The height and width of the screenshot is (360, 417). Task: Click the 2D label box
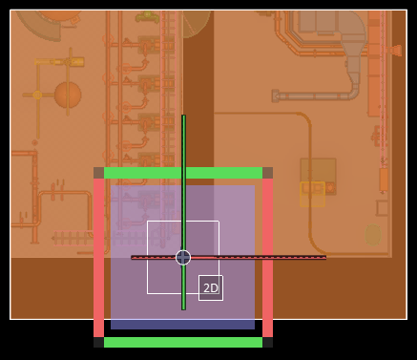(x=211, y=287)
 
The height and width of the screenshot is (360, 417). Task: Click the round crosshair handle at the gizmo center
(x=183, y=258)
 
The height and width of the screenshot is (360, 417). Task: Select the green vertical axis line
(x=183, y=212)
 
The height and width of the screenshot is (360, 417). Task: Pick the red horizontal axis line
(x=229, y=258)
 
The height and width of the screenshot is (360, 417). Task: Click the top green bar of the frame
(x=183, y=173)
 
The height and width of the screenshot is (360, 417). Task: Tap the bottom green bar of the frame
(x=183, y=342)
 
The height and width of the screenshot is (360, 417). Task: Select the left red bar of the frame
(x=98, y=258)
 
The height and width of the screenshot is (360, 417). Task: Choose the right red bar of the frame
(x=267, y=258)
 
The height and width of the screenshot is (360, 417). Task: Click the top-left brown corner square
(x=98, y=173)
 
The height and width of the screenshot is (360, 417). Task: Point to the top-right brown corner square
(x=267, y=173)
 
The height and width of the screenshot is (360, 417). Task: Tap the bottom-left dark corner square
(x=98, y=342)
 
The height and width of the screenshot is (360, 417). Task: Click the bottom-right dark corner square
(x=267, y=342)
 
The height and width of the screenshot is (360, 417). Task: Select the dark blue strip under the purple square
(x=182, y=325)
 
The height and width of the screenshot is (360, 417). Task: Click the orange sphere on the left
(x=68, y=95)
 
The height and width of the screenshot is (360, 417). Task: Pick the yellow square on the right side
(x=312, y=194)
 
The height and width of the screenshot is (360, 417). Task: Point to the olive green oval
(x=373, y=235)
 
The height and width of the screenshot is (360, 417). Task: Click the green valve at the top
(x=147, y=16)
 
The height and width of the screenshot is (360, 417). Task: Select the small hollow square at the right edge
(x=382, y=208)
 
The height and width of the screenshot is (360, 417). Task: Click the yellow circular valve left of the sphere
(x=37, y=95)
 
